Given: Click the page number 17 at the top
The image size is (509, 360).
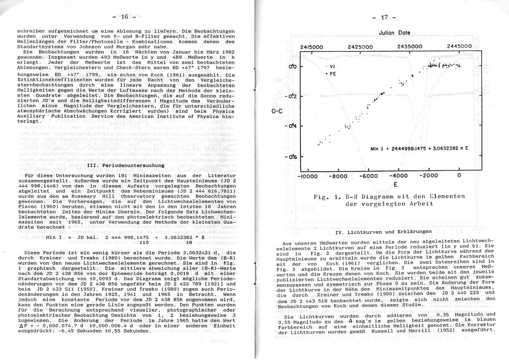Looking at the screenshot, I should click(x=384, y=18).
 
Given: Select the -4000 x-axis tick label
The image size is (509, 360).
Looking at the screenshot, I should click(x=398, y=176).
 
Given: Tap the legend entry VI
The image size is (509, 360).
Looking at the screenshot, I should click(x=331, y=67).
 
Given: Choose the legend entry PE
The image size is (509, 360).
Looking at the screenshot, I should click(x=331, y=74).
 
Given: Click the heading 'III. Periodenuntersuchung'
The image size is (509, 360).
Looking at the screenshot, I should click(x=126, y=165).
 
